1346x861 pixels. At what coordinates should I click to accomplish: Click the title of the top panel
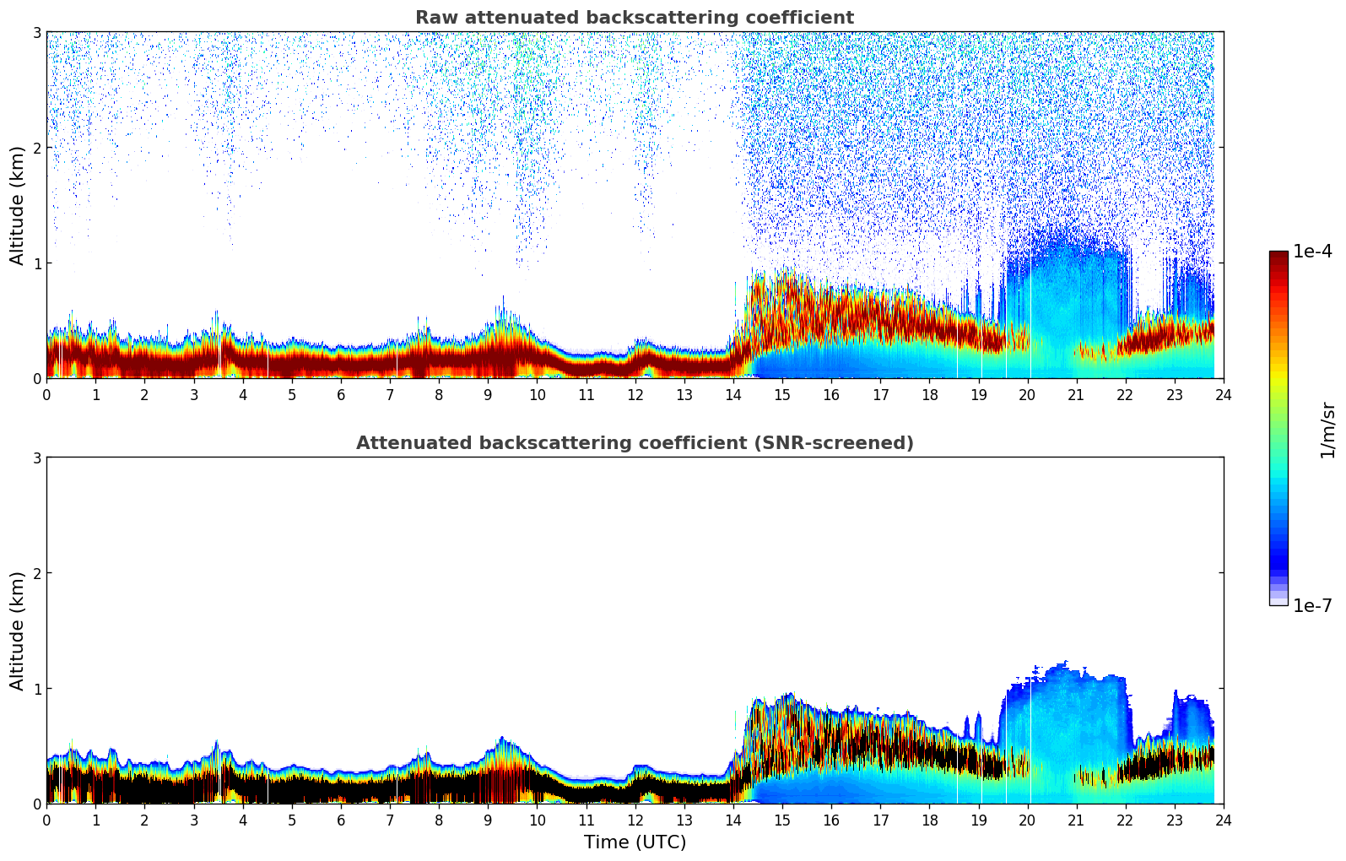pyautogui.click(x=634, y=18)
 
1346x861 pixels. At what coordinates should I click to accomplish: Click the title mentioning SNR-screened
pyautogui.click(x=634, y=443)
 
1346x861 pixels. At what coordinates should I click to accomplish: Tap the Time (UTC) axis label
pyautogui.click(x=635, y=842)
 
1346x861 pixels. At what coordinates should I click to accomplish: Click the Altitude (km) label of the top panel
pyautogui.click(x=18, y=205)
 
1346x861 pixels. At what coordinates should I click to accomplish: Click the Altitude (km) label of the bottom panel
pyautogui.click(x=18, y=631)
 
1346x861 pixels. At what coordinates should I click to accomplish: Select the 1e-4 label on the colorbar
pyautogui.click(x=1312, y=252)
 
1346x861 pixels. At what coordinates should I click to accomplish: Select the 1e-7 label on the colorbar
pyautogui.click(x=1312, y=606)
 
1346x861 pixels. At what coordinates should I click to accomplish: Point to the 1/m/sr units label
pyautogui.click(x=1327, y=430)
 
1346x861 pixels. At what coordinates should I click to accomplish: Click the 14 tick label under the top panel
pyautogui.click(x=732, y=394)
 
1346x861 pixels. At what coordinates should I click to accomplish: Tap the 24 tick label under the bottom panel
pyautogui.click(x=1223, y=820)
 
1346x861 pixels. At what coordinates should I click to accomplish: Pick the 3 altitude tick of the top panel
pyautogui.click(x=37, y=33)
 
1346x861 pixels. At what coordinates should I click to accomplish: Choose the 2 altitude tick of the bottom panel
pyautogui.click(x=37, y=573)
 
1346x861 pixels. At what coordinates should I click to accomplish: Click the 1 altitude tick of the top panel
pyautogui.click(x=37, y=263)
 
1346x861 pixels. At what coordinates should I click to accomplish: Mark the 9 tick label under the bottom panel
pyautogui.click(x=488, y=820)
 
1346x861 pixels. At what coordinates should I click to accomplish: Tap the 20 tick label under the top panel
pyautogui.click(x=1027, y=394)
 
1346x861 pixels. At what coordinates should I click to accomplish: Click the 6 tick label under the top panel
pyautogui.click(x=341, y=394)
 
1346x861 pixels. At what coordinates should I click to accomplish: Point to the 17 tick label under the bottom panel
pyautogui.click(x=880, y=820)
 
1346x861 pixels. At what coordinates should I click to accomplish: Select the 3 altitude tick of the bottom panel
pyautogui.click(x=37, y=458)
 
